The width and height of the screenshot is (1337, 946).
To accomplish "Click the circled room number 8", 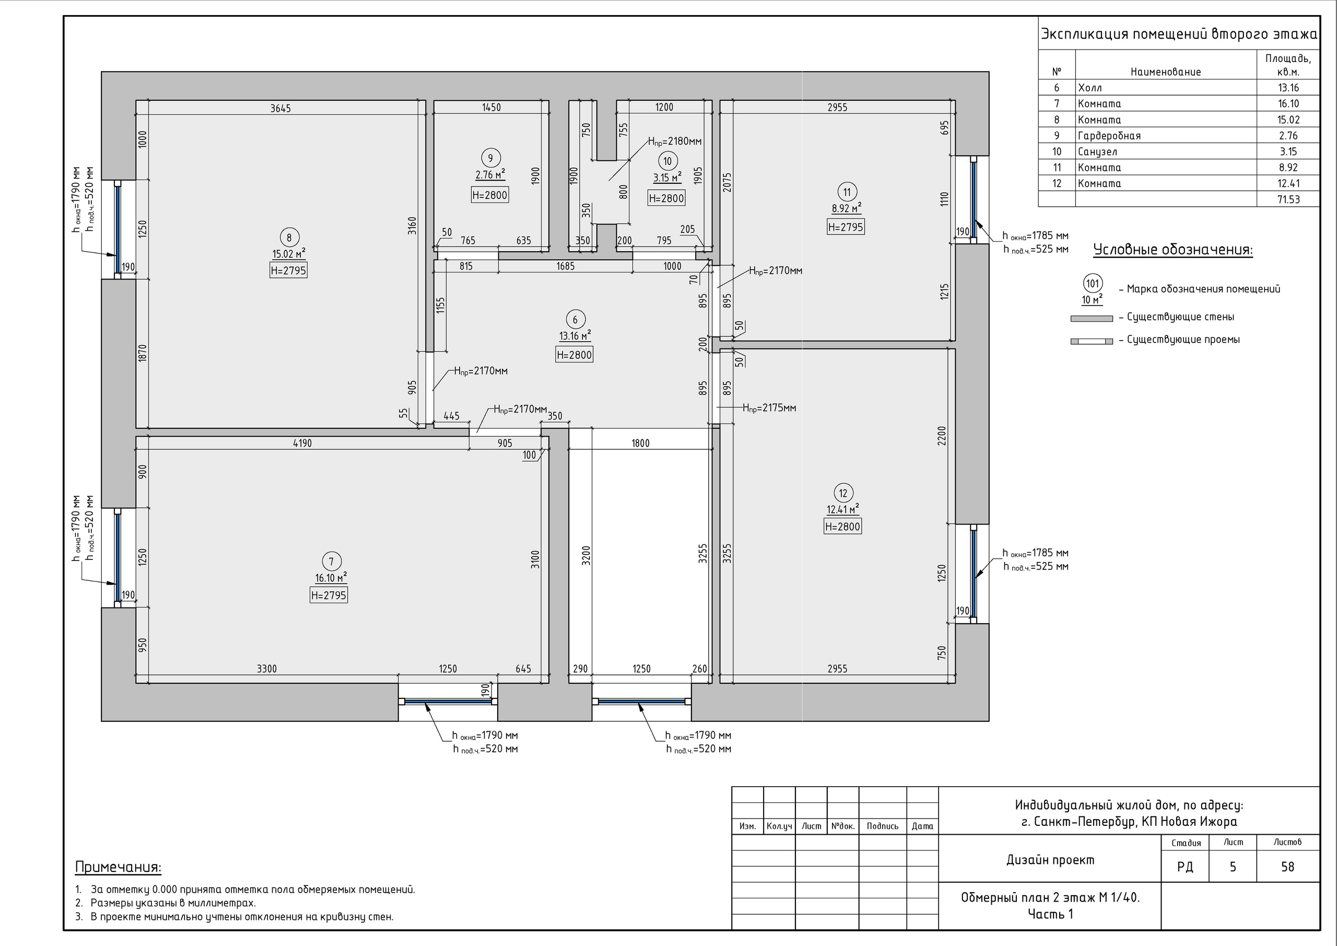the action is [x=289, y=237].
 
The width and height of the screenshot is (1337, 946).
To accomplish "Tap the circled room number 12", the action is [x=843, y=494].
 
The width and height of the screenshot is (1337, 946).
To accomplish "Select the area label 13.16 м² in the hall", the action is [x=574, y=335].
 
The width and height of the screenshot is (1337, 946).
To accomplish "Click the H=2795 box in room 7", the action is [x=329, y=595].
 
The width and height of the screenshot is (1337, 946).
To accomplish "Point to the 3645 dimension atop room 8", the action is [x=280, y=108].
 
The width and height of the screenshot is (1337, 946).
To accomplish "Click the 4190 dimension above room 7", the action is [x=302, y=443].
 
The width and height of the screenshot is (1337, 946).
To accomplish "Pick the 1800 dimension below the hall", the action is [x=640, y=443].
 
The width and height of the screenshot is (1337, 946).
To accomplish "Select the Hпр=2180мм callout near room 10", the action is [x=675, y=142].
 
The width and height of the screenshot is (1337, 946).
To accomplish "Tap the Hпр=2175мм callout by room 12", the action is [x=769, y=408].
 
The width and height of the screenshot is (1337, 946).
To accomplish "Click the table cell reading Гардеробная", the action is [x=1109, y=136].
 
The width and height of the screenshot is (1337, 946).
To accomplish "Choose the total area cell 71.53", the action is [x=1288, y=199].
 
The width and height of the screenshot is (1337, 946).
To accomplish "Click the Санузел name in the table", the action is [x=1098, y=151].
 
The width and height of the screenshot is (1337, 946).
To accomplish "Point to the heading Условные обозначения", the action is [x=1173, y=250].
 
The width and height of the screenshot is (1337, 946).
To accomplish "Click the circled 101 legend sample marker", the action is [x=1093, y=284].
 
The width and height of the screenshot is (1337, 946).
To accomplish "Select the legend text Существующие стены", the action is [x=1180, y=317].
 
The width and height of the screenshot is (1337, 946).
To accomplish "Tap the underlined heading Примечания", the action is [x=118, y=867].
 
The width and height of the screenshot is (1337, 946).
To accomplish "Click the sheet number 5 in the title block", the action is [x=1233, y=867].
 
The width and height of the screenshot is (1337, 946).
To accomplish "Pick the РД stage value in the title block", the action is [x=1185, y=867].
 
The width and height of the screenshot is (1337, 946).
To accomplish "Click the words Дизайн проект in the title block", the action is [x=1050, y=860].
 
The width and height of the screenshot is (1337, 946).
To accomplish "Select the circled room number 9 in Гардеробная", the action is [x=491, y=158].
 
